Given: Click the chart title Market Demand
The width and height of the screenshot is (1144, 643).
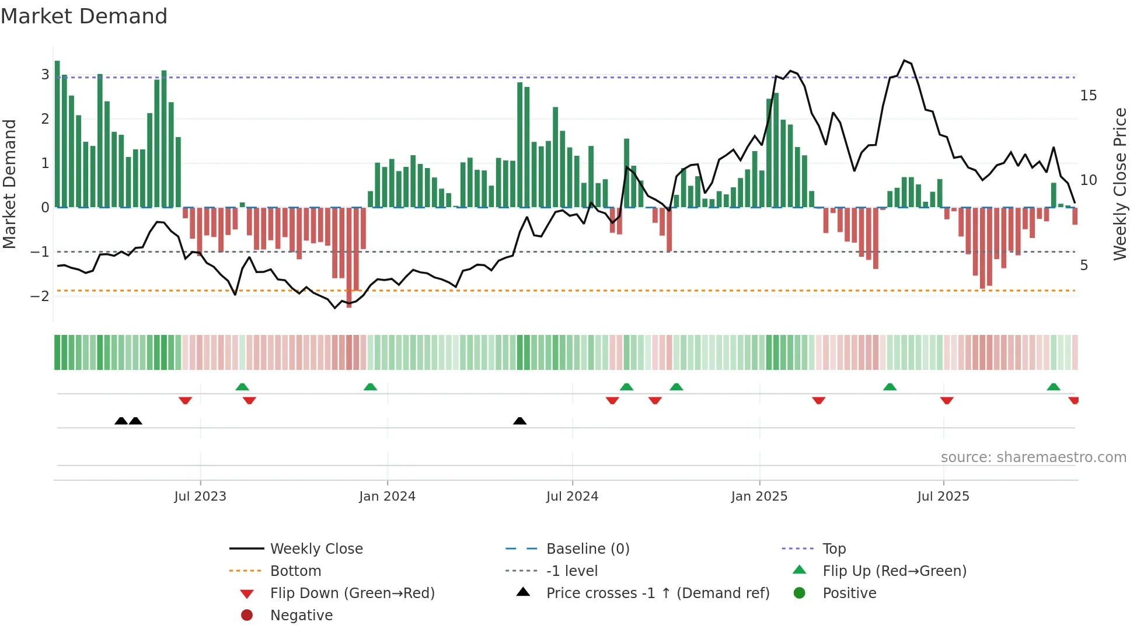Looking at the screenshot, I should coord(84,16).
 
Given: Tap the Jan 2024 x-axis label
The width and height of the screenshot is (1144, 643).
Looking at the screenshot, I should coord(387,497).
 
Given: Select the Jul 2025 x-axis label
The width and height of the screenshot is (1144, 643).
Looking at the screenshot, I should coord(943,497).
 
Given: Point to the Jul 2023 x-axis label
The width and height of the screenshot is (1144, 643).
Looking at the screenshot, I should coord(200,497).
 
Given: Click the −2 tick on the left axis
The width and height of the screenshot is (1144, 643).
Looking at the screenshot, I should coord(40,296).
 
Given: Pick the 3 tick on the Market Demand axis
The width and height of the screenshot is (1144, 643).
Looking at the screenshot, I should coord(45,75).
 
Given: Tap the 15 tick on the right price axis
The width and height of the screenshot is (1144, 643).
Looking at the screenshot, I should coord(1088,95).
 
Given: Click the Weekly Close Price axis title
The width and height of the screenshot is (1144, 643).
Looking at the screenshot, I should coord(1119,184).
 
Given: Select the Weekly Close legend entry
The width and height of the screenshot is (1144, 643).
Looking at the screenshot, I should coord(316,549).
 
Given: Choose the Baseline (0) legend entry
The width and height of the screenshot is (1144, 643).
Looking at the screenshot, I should coord(587,549).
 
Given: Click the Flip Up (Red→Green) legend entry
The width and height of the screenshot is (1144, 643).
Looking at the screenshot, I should coord(894,571).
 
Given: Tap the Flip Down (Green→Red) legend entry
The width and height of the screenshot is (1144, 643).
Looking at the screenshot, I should coord(352,593).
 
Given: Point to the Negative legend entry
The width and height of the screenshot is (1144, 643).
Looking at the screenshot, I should coord(301,616).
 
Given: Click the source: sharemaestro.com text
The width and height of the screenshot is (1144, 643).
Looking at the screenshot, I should coord(1033,457).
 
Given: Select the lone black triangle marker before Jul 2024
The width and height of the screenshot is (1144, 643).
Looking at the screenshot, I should coord(519,421).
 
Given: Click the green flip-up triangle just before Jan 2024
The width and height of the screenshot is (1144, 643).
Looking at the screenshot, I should coord(370,387).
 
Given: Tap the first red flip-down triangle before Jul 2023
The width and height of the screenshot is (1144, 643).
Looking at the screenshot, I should coord(185,400).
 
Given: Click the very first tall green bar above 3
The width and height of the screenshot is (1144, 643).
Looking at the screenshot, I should coord(57,134).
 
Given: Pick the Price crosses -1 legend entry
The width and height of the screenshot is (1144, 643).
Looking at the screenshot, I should coord(657,593).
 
